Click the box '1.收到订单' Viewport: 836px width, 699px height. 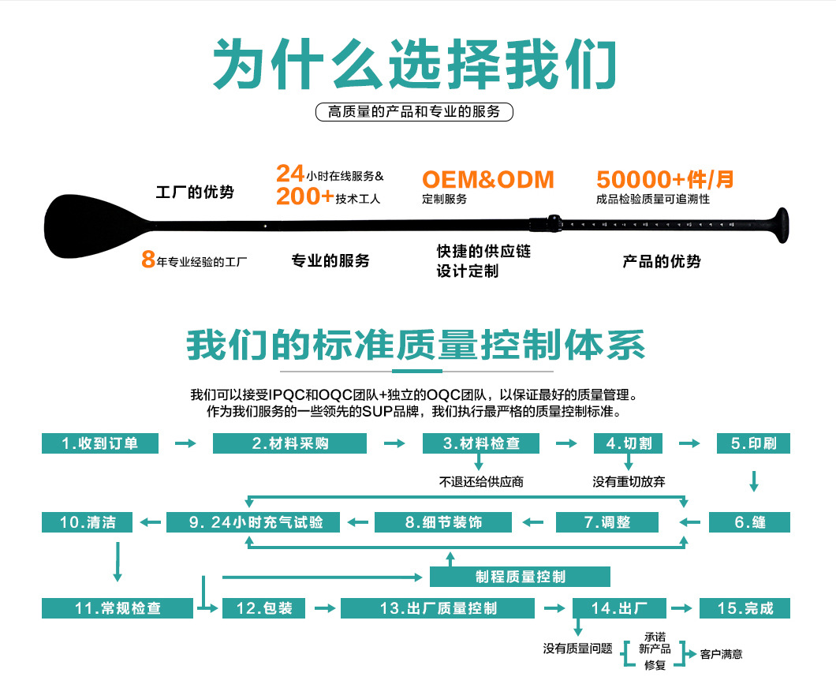99,443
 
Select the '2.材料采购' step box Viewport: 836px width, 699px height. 289,443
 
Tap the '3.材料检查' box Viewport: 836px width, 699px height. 481,443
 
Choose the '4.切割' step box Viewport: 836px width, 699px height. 628,443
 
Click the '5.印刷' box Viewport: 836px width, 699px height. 752,443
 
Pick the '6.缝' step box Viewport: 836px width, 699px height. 749,521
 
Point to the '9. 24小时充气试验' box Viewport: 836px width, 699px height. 254,521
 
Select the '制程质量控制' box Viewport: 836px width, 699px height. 520,577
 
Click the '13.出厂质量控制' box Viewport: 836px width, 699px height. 438,608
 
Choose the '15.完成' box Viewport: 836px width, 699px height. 745,608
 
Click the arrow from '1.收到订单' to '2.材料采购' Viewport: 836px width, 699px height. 185,443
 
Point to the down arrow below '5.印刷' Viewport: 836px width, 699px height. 754,481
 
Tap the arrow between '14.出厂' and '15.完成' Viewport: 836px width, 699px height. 684,608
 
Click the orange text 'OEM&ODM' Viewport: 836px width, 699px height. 487,180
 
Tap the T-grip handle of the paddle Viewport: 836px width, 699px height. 780,224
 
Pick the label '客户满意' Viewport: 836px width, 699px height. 721,654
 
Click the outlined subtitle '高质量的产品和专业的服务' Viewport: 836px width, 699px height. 414,112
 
